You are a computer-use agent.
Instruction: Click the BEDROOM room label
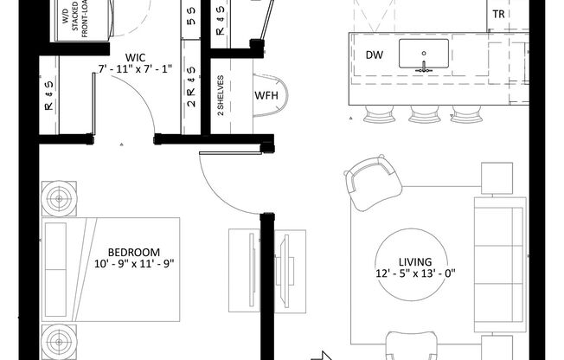(x=134, y=252)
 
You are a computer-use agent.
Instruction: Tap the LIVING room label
(x=415, y=261)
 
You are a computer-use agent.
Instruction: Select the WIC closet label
(x=135, y=58)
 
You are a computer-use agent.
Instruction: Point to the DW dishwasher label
(x=375, y=55)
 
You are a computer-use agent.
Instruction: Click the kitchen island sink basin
(x=424, y=54)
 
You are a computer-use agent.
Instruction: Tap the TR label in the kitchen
(x=498, y=15)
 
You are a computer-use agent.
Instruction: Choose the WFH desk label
(x=266, y=95)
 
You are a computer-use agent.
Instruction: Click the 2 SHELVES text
(x=221, y=95)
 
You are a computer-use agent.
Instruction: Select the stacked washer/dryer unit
(x=83, y=21)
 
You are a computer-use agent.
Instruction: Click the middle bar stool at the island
(x=425, y=113)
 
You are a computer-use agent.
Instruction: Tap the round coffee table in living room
(x=412, y=265)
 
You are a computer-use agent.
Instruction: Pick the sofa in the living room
(x=500, y=264)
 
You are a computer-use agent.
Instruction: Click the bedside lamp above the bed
(x=59, y=198)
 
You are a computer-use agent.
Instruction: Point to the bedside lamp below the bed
(x=59, y=341)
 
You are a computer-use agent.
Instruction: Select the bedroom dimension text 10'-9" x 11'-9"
(x=134, y=264)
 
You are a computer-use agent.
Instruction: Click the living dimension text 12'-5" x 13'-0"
(x=415, y=273)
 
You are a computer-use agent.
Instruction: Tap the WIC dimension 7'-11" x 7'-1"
(x=135, y=68)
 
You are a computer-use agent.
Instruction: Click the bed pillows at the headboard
(x=55, y=269)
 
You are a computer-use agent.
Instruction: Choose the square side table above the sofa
(x=497, y=178)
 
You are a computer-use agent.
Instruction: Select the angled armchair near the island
(x=373, y=182)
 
